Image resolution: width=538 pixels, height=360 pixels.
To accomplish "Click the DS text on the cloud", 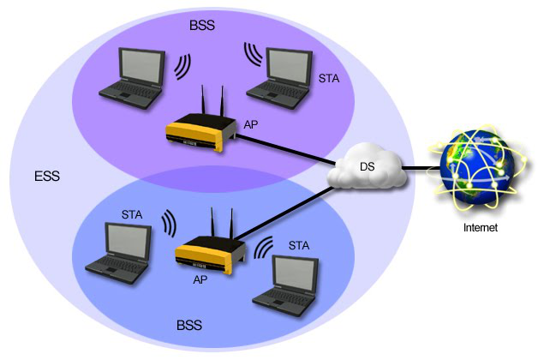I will pos(366,165).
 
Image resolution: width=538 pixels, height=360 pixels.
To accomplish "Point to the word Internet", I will pos(480,228).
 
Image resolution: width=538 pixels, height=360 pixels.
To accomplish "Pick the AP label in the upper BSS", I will pos(251,124).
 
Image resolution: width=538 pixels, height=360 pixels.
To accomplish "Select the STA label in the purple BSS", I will pos(328,79).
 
